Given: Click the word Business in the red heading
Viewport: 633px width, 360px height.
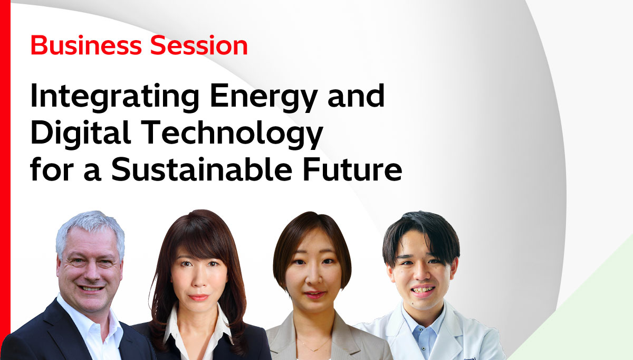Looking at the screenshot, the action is [x=86, y=45].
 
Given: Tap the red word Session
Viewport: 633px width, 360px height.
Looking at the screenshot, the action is [x=199, y=45].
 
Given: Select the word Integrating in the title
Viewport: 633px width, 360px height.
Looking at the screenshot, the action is [x=115, y=97].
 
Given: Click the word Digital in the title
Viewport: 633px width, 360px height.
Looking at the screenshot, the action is [x=81, y=134].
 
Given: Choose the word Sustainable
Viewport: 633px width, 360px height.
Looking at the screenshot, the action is [x=202, y=169].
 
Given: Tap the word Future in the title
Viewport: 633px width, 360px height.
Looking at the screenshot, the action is [x=352, y=170].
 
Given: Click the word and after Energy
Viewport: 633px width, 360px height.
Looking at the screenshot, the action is [x=356, y=96].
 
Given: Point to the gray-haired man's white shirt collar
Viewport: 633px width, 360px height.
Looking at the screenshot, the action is [x=88, y=317].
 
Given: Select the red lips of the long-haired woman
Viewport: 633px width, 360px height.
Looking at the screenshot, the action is [x=198, y=297].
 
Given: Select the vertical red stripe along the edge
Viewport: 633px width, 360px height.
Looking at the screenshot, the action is [x=5, y=180].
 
